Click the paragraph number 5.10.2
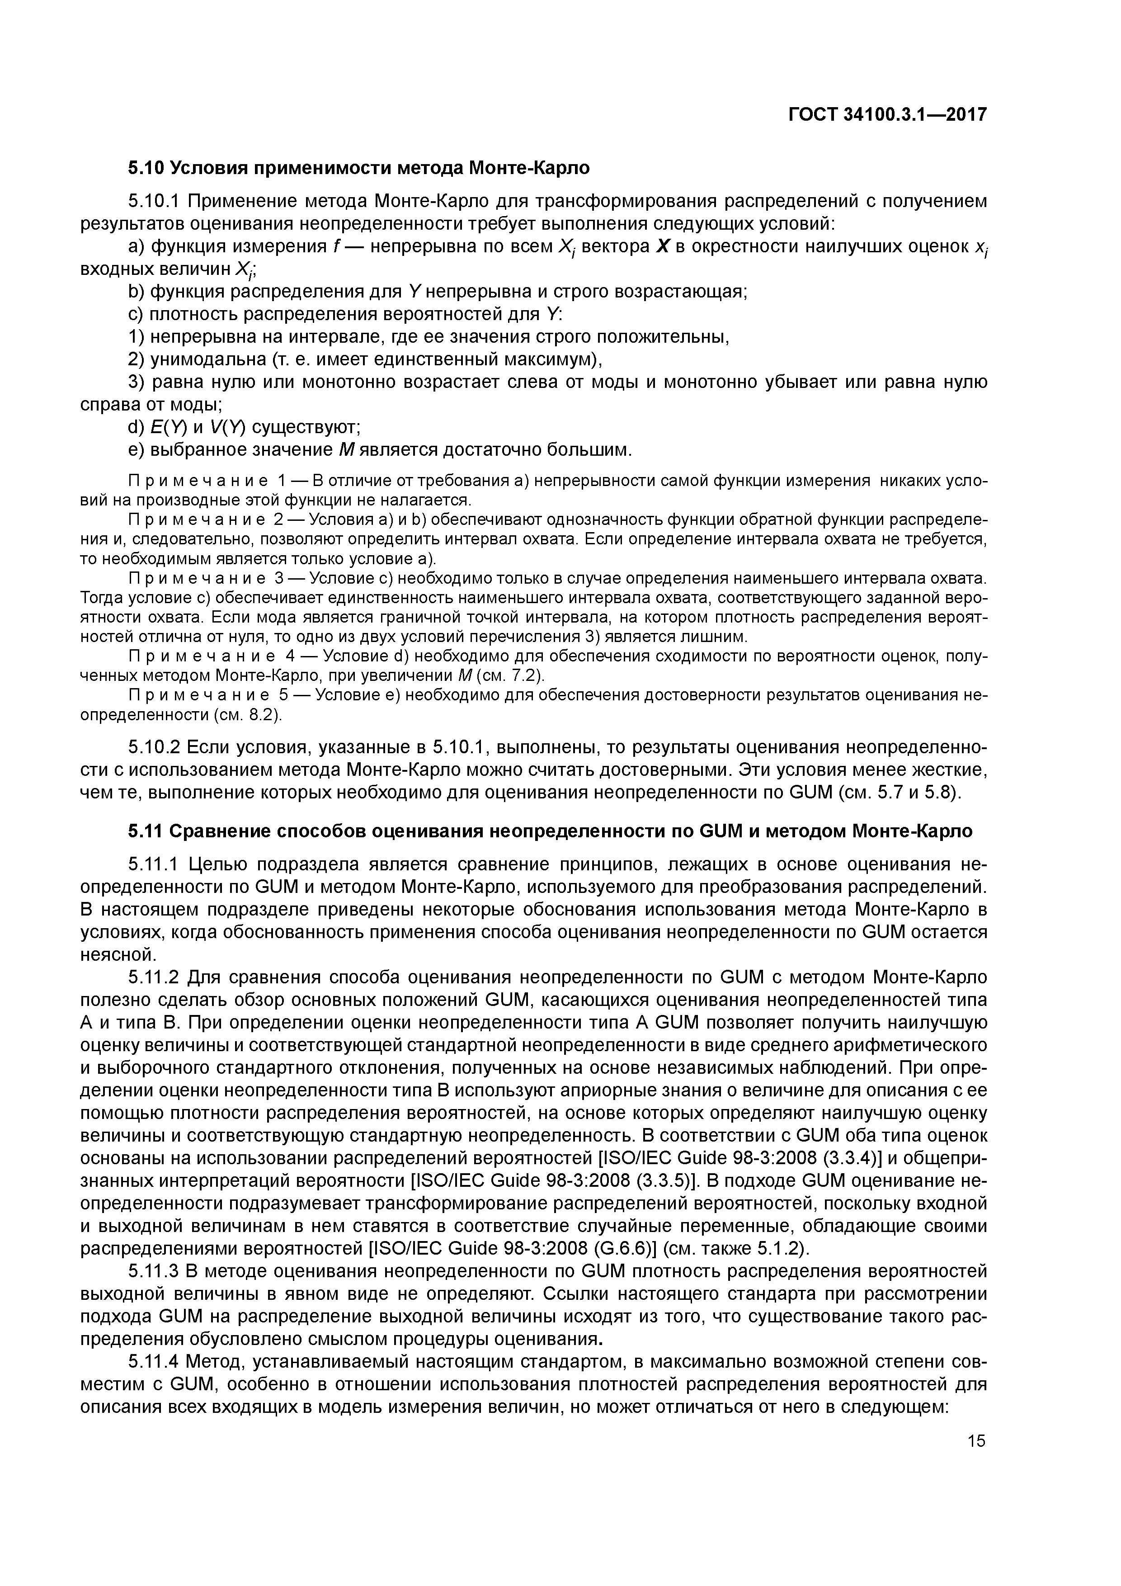pyautogui.click(x=155, y=747)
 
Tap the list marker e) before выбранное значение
pyautogui.click(x=137, y=450)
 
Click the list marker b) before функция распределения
pyautogui.click(x=137, y=292)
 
